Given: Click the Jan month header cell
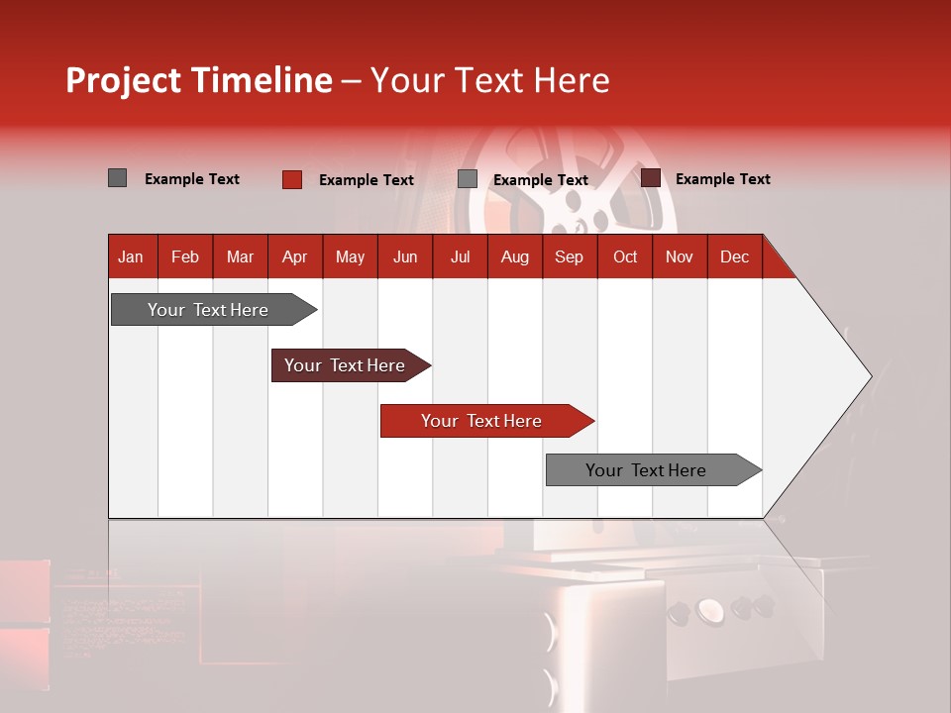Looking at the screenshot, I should click(x=132, y=256).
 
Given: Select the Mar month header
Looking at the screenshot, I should click(x=240, y=256).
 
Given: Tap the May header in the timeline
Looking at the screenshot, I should click(x=350, y=256).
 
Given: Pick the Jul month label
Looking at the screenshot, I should click(x=460, y=256).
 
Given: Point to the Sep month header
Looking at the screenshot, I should click(x=569, y=256).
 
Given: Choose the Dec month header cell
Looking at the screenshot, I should click(x=734, y=256).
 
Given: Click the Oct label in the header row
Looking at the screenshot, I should click(x=625, y=256).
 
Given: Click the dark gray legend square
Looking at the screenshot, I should click(x=118, y=178).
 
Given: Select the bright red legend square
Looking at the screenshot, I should click(x=292, y=179).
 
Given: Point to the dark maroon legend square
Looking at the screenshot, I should click(x=651, y=178).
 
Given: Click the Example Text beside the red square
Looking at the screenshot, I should click(x=366, y=180).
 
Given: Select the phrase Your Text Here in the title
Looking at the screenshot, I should click(x=489, y=80).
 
